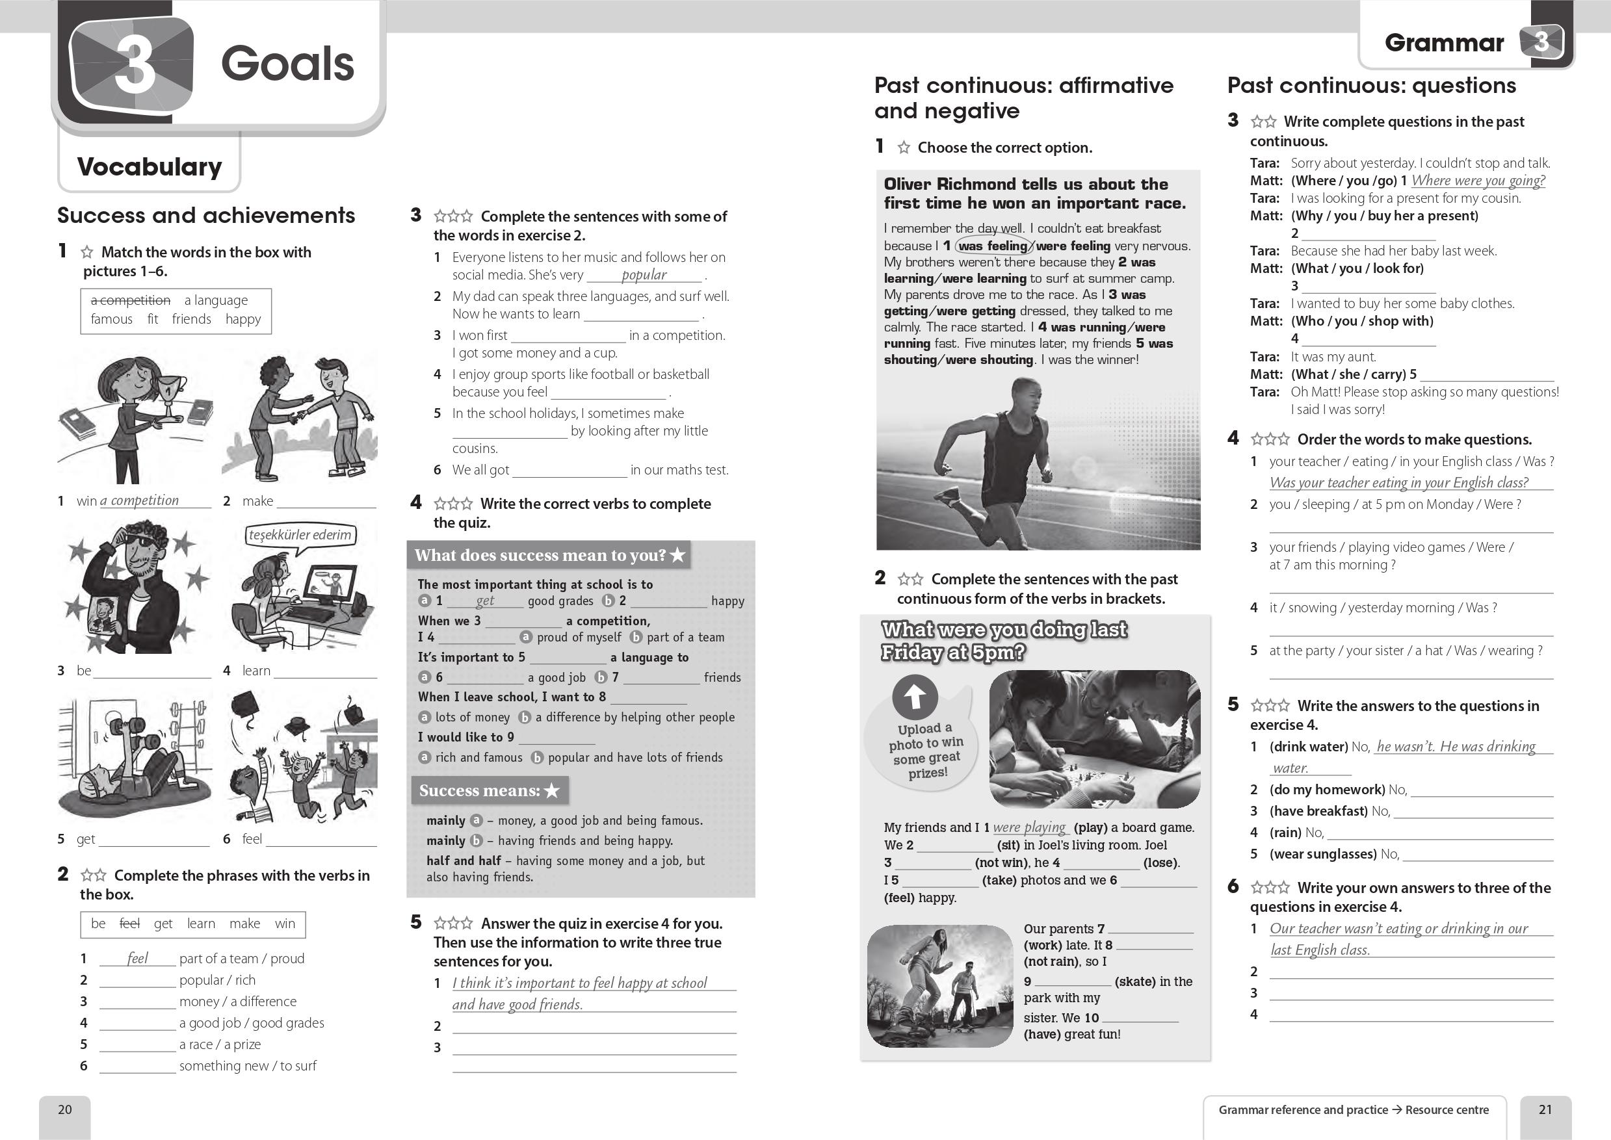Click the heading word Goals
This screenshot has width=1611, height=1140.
pos(287,64)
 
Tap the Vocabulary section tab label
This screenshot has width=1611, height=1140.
pos(150,167)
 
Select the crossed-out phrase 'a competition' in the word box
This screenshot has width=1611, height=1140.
pos(131,300)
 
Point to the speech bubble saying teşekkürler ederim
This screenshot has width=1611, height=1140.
pos(300,535)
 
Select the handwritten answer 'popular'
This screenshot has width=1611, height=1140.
pos(644,274)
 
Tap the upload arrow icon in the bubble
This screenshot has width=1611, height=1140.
pos(915,696)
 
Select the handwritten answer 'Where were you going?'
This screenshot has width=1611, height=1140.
pos(1478,181)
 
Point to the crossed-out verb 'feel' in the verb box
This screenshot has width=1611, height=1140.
pos(130,924)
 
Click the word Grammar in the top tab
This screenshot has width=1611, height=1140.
pos(1444,43)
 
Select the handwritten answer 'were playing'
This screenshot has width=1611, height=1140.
pos(1029,827)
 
